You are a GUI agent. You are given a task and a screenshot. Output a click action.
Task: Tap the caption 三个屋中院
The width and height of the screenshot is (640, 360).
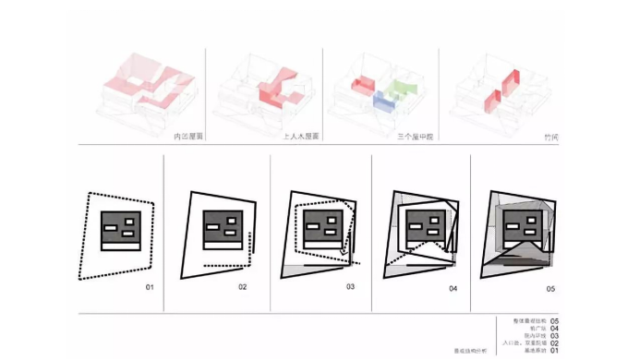415,137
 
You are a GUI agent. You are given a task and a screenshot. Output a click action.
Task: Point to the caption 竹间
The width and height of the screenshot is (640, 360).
551,137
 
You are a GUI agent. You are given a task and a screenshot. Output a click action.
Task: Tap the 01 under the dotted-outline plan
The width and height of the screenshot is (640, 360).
150,288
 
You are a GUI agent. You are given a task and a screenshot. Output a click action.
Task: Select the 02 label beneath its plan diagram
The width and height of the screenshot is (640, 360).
242,288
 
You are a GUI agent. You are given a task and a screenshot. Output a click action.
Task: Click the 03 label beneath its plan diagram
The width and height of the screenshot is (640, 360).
351,288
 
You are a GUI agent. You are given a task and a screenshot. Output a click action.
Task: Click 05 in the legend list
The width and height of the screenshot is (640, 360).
554,321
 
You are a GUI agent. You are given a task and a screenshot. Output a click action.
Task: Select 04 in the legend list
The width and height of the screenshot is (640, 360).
554,329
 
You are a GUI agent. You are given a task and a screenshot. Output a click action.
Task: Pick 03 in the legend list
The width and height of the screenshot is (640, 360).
554,336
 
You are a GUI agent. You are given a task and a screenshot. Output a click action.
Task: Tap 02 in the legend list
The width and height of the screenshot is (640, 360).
554,343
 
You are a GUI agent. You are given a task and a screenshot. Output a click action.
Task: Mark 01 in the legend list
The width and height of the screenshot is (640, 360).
554,351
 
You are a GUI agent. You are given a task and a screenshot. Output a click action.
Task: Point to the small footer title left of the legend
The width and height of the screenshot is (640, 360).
468,352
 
